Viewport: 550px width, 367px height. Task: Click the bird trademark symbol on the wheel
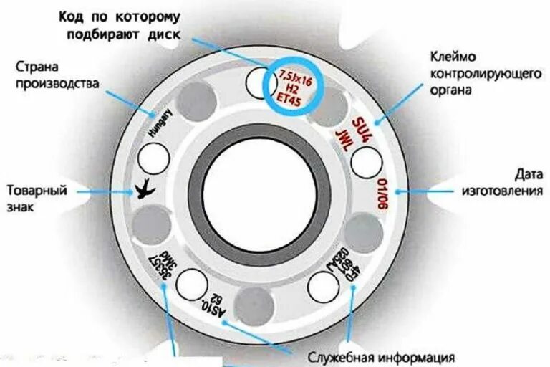pos(146,189)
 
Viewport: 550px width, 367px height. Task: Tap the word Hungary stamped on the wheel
pos(161,123)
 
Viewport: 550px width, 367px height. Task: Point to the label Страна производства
pos(57,75)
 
